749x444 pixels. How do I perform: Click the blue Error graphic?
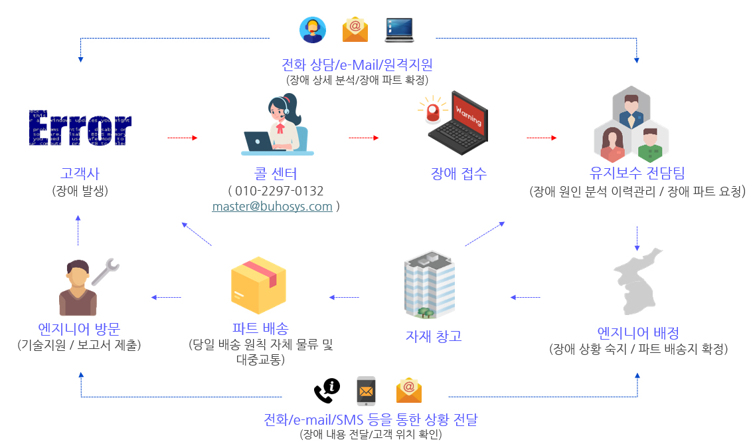[x=80, y=127]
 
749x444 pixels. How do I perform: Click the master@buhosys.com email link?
[x=272, y=206]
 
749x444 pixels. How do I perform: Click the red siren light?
[x=433, y=110]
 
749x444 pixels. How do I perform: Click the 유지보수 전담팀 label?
[x=637, y=173]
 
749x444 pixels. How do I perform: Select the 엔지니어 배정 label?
[x=637, y=332]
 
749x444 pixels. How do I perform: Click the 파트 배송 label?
[x=260, y=328]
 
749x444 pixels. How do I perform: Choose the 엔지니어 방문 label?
[x=80, y=328]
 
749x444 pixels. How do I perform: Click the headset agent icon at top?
[x=312, y=29]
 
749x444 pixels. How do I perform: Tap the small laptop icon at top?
[x=399, y=29]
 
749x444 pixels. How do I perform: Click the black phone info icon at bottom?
[x=326, y=390]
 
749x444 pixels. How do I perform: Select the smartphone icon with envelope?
[x=366, y=391]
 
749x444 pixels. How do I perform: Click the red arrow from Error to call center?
[x=183, y=138]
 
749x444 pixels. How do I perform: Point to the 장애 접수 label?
[x=459, y=173]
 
